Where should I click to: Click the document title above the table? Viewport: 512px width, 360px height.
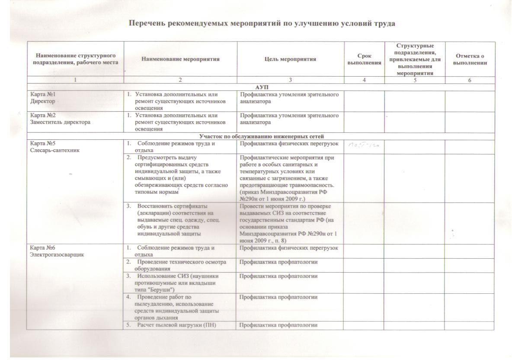pos(262,23)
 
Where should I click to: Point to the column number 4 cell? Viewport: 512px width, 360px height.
pos(364,80)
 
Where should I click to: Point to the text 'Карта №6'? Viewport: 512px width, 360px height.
pos(41,248)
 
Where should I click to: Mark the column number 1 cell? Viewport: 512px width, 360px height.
pos(75,80)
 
